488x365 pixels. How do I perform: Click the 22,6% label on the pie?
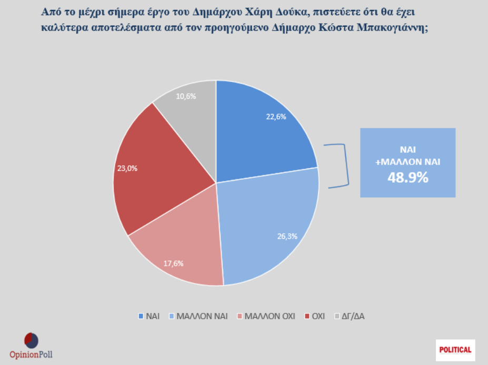click(276, 117)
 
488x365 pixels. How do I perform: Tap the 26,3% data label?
click(287, 236)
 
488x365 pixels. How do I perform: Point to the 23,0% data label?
click(126, 169)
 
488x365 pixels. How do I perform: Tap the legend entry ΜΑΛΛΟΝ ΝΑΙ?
click(198, 316)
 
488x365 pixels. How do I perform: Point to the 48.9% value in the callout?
click(407, 178)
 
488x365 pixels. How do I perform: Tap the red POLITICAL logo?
click(456, 349)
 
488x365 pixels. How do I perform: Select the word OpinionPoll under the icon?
click(31, 354)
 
